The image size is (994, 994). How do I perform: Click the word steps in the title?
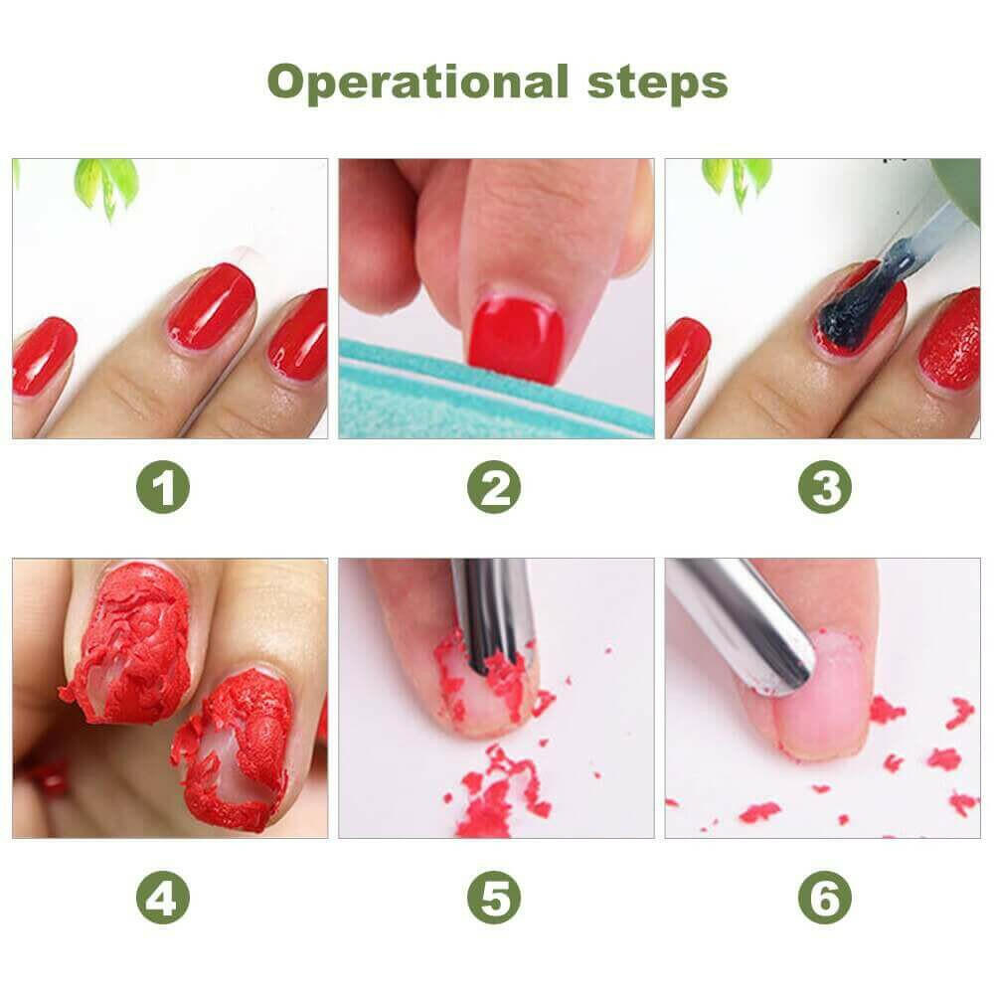point(650,83)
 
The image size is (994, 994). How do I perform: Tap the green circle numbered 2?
point(494,488)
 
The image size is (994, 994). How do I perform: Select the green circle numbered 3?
point(825,488)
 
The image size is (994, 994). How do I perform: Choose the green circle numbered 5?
point(494,900)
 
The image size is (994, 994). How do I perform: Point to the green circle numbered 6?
point(825,900)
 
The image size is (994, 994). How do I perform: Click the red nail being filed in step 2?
point(515,335)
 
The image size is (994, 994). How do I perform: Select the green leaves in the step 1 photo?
point(107,184)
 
